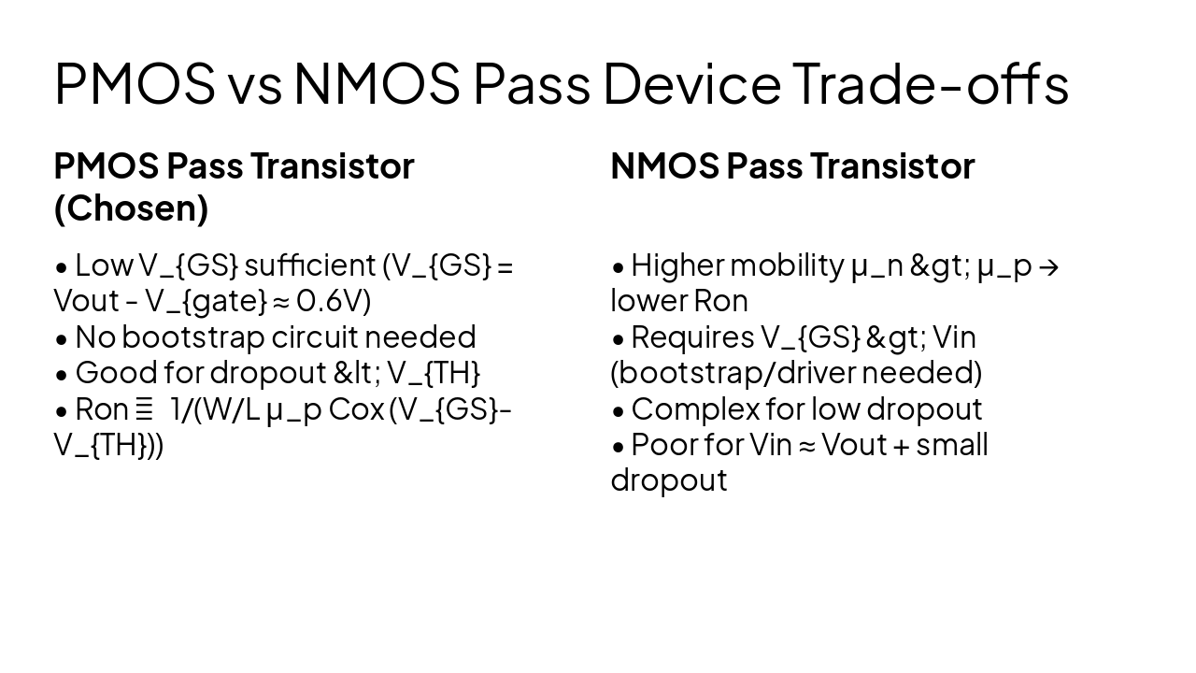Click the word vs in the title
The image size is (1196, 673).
pyautogui.click(x=253, y=84)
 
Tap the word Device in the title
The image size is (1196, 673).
pyautogui.click(x=691, y=84)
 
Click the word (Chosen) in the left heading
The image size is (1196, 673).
pyautogui.click(x=131, y=208)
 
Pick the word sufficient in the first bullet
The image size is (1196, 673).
pyautogui.click(x=309, y=265)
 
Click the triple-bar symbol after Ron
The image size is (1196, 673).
pyautogui.click(x=144, y=409)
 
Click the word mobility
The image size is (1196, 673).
pyautogui.click(x=786, y=265)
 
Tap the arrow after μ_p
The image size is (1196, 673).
pyautogui.click(x=1048, y=266)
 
